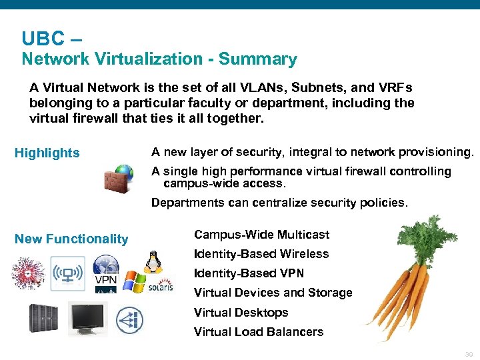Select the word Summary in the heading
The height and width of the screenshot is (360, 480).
(258, 59)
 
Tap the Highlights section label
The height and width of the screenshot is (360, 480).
(47, 153)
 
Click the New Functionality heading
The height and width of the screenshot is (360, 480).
(71, 239)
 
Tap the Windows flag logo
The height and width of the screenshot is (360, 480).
(134, 281)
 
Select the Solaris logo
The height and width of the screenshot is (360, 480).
(160, 286)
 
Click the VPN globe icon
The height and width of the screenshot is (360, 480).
(105, 270)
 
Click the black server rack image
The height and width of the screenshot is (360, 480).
(43, 318)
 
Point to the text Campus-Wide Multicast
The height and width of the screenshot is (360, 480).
(261, 235)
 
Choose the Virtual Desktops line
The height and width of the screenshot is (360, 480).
(241, 313)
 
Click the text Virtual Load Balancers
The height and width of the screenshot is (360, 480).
(258, 332)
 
